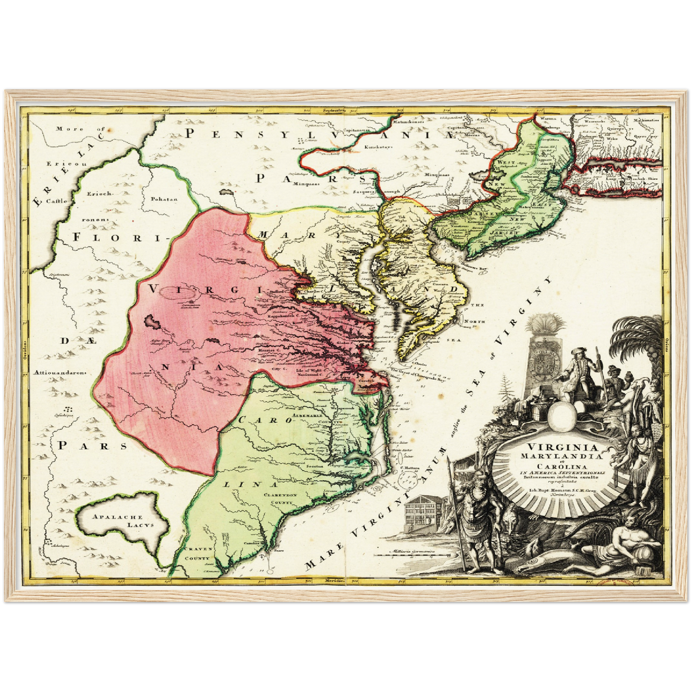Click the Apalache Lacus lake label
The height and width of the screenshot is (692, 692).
click(123, 521)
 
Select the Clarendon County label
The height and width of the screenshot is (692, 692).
click(280, 499)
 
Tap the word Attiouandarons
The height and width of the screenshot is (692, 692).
click(59, 372)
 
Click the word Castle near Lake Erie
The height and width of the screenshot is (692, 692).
click(57, 201)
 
